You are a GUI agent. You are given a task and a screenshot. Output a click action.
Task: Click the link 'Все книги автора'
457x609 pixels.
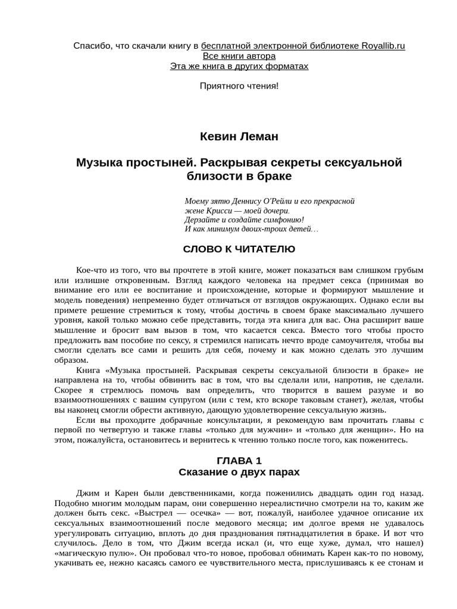click(239, 56)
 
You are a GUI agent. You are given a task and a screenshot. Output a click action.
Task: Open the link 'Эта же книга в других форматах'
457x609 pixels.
click(239, 66)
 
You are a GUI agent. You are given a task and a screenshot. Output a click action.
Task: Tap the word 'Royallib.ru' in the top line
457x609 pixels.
click(383, 46)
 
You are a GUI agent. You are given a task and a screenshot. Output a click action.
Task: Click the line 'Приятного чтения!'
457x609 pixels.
click(239, 86)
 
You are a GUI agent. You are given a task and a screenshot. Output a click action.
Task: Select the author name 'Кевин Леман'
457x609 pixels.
click(239, 137)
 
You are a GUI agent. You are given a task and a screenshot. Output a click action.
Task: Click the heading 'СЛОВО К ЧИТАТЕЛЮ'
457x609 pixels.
click(239, 249)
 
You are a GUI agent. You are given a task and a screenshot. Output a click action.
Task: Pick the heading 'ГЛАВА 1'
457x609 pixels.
click(239, 460)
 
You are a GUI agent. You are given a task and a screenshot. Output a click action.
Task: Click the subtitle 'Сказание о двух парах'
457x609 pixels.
click(239, 472)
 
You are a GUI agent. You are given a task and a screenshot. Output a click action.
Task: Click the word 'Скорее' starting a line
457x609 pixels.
click(67, 390)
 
